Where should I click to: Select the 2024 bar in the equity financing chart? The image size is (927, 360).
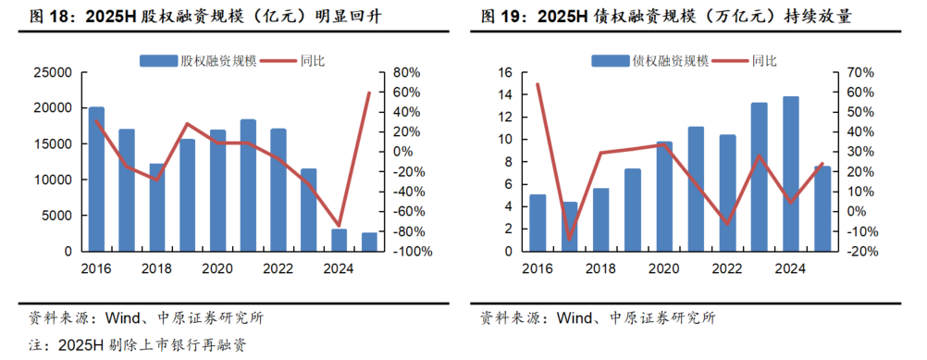(x=339, y=240)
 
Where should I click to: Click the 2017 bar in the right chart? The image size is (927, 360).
(x=569, y=227)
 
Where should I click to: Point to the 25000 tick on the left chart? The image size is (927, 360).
(x=53, y=72)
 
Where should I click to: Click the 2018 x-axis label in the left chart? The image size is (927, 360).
(x=156, y=269)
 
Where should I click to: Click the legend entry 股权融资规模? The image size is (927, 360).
(x=187, y=61)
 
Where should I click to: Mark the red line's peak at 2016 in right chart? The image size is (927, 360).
(x=538, y=84)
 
